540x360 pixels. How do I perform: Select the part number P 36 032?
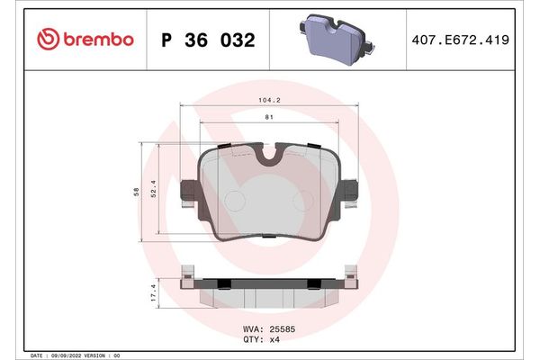pyautogui.click(x=208, y=40)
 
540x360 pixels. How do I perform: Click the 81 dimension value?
pyautogui.click(x=269, y=117)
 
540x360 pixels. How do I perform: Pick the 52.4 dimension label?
pyautogui.click(x=154, y=193)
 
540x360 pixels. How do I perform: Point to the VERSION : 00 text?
pyautogui.click(x=101, y=355)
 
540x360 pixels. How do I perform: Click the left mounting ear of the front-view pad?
pyautogui.click(x=190, y=193)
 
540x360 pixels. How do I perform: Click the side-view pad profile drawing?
pyautogui.click(x=269, y=286)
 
